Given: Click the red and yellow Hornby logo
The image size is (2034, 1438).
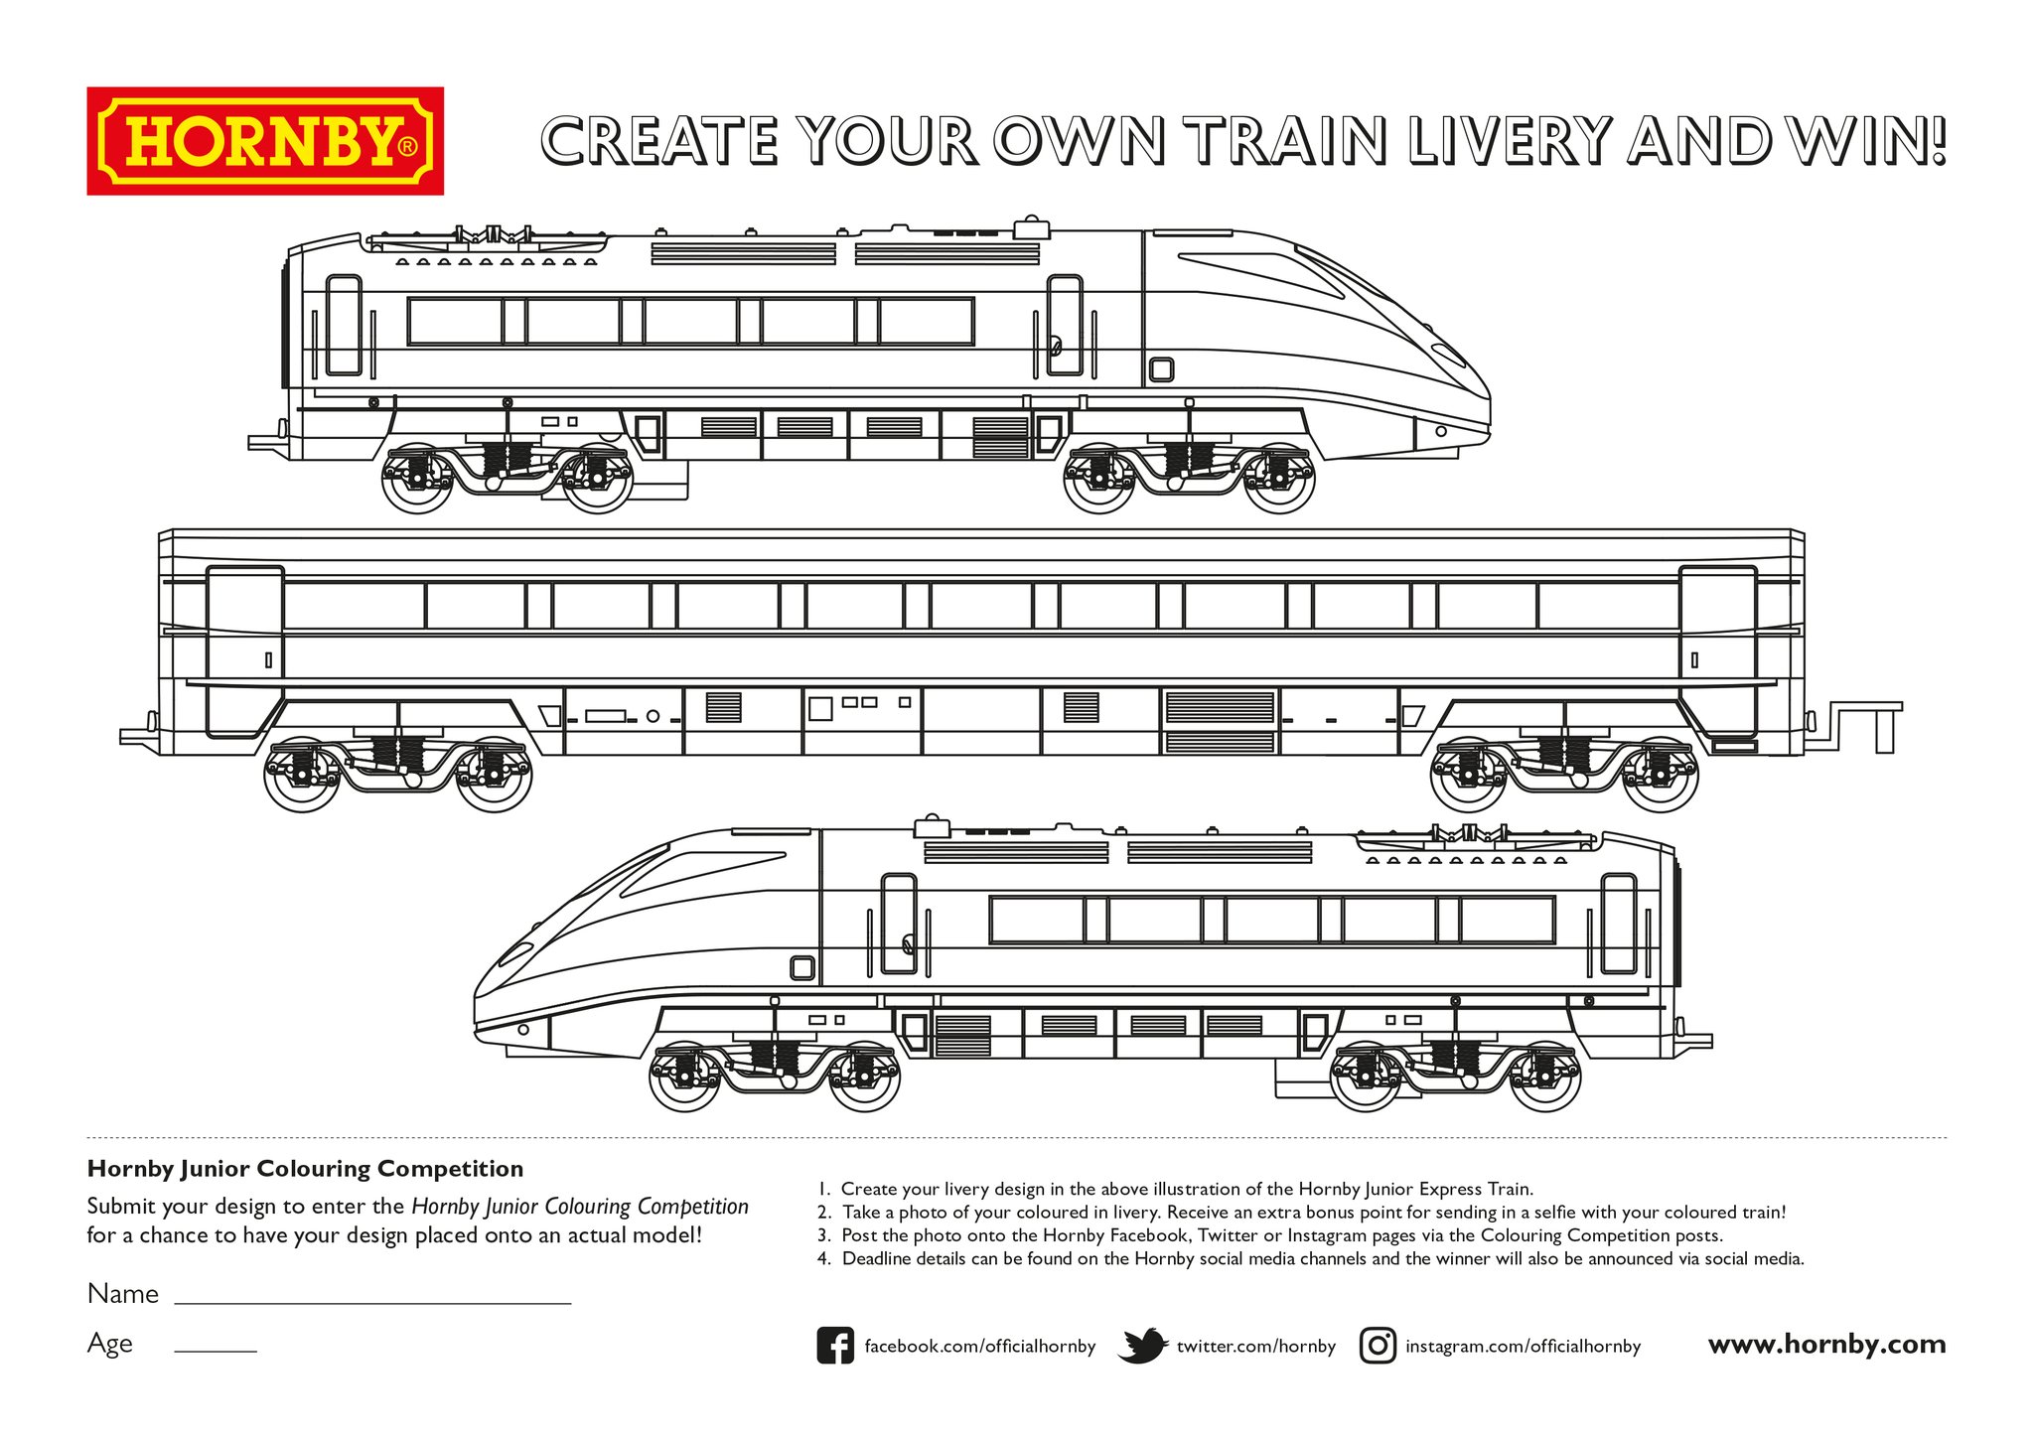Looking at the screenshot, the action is pos(265,141).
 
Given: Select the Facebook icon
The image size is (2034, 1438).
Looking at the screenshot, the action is pos(835,1346).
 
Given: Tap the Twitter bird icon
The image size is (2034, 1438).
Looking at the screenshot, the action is pos(1142,1346).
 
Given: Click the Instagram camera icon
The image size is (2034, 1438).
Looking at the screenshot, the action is pos(1378,1346).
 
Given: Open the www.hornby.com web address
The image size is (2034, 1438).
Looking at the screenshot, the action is pos(1826,1345).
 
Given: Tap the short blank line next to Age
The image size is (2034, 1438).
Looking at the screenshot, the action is pos(216,1349).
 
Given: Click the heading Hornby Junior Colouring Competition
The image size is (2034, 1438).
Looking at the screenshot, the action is pos(305,1169).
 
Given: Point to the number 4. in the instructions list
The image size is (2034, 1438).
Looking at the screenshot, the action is pos(823,1259).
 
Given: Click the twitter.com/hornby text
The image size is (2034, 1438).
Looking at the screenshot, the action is pos(1256,1347).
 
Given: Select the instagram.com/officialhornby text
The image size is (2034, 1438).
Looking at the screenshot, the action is pos(1523,1347).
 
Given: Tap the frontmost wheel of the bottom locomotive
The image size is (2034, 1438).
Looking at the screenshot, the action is pos(684,1078).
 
